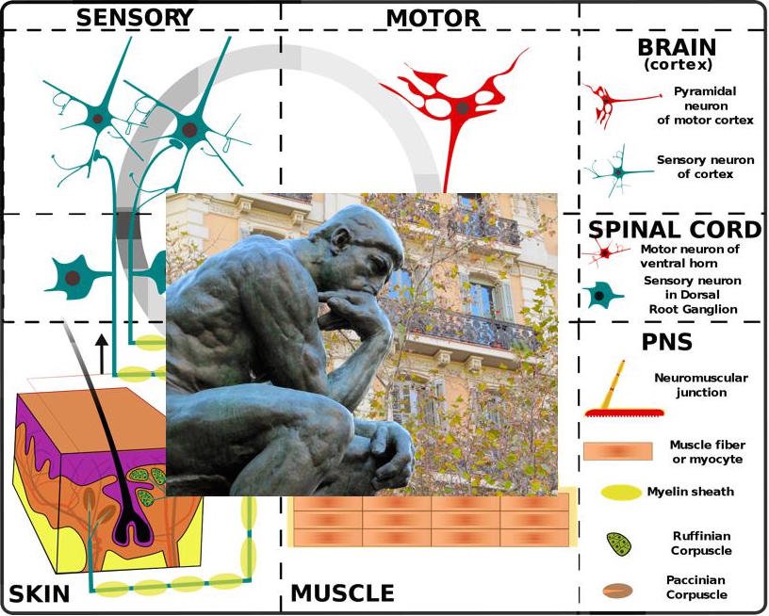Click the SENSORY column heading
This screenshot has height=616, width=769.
click(x=135, y=18)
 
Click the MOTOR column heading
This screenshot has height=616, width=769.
click(x=434, y=19)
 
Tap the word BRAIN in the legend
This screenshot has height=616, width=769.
click(x=677, y=47)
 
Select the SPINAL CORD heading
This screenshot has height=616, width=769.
click(x=675, y=229)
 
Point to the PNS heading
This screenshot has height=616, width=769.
click(x=667, y=342)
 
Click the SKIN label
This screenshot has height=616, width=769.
click(x=40, y=594)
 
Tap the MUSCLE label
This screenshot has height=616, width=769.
click(x=343, y=593)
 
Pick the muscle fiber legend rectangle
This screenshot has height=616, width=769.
click(x=618, y=451)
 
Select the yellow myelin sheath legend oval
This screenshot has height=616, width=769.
click(x=621, y=493)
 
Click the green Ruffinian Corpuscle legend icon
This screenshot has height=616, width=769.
click(x=618, y=544)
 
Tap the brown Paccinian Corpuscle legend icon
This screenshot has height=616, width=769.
click(x=617, y=591)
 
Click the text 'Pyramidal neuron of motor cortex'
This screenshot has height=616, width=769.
click(x=705, y=105)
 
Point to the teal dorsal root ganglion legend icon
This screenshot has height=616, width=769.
click(x=603, y=296)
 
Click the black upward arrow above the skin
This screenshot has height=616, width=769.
click(x=102, y=354)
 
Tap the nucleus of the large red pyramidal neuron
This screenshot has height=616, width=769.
click(x=463, y=107)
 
